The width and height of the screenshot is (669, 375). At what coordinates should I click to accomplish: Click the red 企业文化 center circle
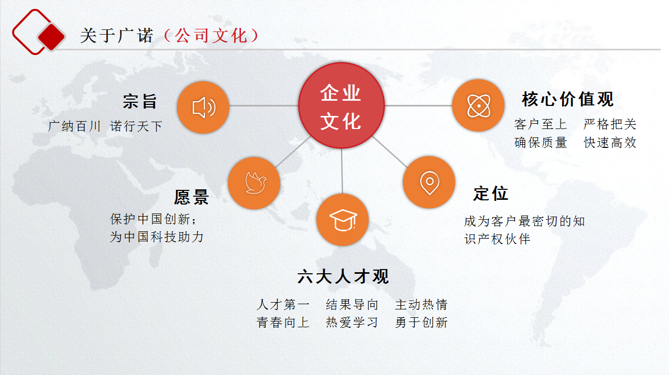pyautogui.click(x=342, y=105)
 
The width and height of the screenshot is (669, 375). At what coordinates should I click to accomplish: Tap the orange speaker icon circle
pyautogui.click(x=203, y=108)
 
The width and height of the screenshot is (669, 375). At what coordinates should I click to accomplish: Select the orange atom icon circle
pyautogui.click(x=478, y=105)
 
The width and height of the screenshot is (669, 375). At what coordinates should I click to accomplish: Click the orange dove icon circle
pyautogui.click(x=254, y=183)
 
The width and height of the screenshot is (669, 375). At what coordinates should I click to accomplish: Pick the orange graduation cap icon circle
pyautogui.click(x=343, y=220)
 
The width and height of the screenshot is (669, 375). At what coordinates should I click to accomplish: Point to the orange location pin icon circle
pyautogui.click(x=429, y=182)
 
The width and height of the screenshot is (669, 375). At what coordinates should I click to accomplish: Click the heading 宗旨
pyautogui.click(x=140, y=101)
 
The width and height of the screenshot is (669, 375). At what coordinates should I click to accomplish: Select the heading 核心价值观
pyautogui.click(x=568, y=99)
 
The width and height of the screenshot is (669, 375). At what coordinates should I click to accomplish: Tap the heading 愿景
pyautogui.click(x=191, y=197)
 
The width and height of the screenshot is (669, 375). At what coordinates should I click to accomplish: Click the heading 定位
pyautogui.click(x=491, y=193)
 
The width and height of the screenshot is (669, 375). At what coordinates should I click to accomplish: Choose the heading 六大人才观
pyautogui.click(x=343, y=276)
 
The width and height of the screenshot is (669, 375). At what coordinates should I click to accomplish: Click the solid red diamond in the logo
pyautogui.click(x=51, y=37)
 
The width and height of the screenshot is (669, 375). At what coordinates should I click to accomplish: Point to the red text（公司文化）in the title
pyautogui.click(x=211, y=36)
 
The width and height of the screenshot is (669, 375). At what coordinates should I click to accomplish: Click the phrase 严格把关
pyautogui.click(x=610, y=124)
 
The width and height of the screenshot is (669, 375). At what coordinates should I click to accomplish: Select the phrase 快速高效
pyautogui.click(x=610, y=143)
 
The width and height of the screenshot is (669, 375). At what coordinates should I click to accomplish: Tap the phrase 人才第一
pyautogui.click(x=283, y=304)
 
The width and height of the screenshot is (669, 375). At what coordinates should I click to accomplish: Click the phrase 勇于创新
pyautogui.click(x=421, y=323)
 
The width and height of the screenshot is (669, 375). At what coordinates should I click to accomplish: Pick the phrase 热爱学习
pyautogui.click(x=352, y=323)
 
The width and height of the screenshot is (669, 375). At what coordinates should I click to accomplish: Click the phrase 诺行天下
pyautogui.click(x=136, y=126)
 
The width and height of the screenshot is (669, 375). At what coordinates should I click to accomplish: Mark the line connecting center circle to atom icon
pyautogui.click(x=418, y=105)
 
